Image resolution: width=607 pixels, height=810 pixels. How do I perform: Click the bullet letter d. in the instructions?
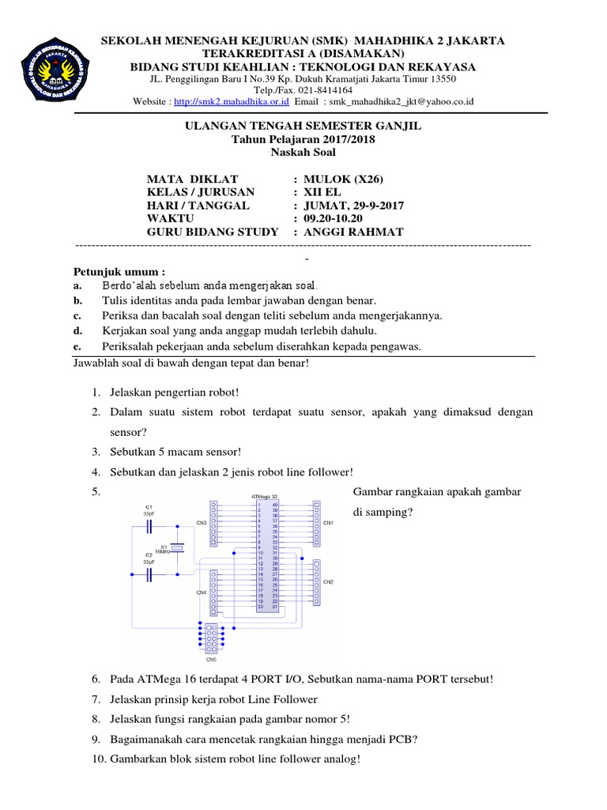pyautogui.click(x=77, y=330)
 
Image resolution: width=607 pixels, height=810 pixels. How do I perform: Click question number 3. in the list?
pyautogui.click(x=95, y=452)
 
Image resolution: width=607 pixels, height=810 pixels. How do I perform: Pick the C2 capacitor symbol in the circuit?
pyautogui.click(x=149, y=576)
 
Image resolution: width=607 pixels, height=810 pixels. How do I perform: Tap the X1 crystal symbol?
pyautogui.click(x=177, y=547)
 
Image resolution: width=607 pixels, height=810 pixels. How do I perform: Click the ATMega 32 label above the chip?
pyautogui.click(x=265, y=496)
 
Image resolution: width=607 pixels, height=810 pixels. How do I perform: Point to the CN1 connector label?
pyautogui.click(x=329, y=523)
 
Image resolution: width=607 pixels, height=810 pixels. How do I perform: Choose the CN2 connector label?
pyautogui.click(x=329, y=582)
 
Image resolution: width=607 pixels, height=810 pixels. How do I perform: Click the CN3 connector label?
pyautogui.click(x=202, y=523)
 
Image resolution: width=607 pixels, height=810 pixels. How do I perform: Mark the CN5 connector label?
pyautogui.click(x=211, y=659)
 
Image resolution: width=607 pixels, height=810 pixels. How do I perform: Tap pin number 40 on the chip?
pyautogui.click(x=275, y=504)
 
